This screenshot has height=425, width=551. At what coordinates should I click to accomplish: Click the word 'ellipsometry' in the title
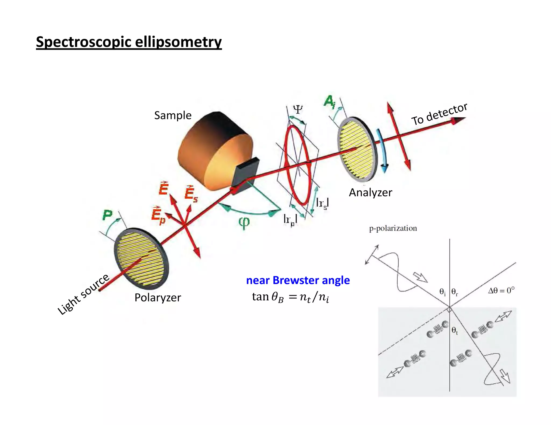pos(178,42)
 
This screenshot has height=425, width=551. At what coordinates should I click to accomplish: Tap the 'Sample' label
pos(173,115)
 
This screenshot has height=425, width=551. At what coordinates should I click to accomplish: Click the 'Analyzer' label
pos(370,192)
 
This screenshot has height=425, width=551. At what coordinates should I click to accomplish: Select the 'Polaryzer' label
pos(158,297)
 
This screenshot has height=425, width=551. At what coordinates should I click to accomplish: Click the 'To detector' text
pos(439,114)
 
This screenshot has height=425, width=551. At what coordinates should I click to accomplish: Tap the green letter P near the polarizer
pos(107,215)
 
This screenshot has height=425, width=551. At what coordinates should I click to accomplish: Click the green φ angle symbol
pos(244,222)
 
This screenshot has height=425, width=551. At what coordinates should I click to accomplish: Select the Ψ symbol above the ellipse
pos(298,109)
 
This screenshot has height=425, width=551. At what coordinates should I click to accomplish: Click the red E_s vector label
pos(191,193)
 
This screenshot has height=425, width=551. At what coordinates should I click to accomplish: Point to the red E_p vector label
pos(158,216)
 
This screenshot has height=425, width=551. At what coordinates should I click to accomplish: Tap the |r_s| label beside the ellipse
pos(322,203)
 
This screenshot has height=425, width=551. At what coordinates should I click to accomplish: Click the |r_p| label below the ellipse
pos(290,219)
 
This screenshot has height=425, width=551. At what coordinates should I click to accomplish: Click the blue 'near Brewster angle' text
pos(298,280)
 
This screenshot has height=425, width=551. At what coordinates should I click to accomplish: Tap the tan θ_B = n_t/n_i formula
pos(291,297)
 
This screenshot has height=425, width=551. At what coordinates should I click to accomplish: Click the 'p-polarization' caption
pos(393,228)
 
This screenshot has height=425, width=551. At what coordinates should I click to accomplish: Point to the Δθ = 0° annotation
pos(501,290)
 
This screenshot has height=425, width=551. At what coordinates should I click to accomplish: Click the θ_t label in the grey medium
pos(454,330)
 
